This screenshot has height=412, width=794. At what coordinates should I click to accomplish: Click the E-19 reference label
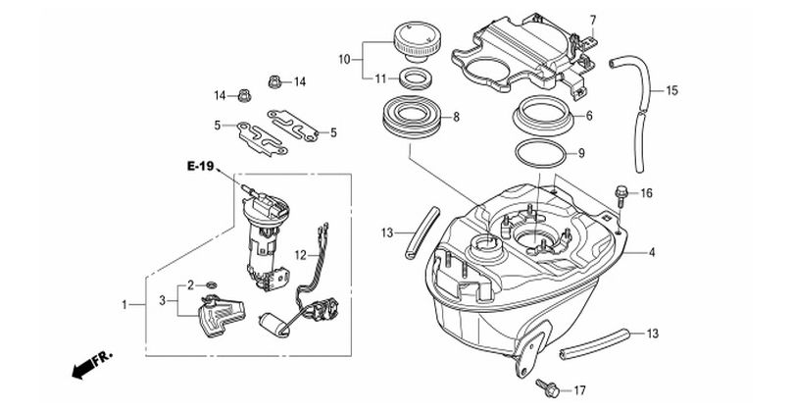pyautogui.click(x=200, y=166)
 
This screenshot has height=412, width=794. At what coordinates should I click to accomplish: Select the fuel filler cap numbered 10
pyautogui.click(x=416, y=41)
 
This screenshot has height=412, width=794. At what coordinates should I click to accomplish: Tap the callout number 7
pyautogui.click(x=593, y=21)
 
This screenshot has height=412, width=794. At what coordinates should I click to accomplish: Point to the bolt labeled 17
pyautogui.click(x=547, y=387)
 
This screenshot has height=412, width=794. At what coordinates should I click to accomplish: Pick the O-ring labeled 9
pyautogui.click(x=540, y=154)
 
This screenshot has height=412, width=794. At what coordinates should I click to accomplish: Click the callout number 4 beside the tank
pyautogui.click(x=652, y=252)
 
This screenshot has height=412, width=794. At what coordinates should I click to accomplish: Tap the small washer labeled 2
pyautogui.click(x=213, y=282)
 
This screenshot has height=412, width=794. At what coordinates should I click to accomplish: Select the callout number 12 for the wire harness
pyautogui.click(x=300, y=255)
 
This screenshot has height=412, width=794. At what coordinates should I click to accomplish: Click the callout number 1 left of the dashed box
pyautogui.click(x=124, y=304)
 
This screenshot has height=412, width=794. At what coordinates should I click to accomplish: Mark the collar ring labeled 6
pyautogui.click(x=543, y=116)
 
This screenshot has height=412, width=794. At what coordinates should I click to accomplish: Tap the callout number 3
pyautogui.click(x=162, y=300)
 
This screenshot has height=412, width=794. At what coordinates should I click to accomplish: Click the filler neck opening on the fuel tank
pyautogui.click(x=487, y=246)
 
